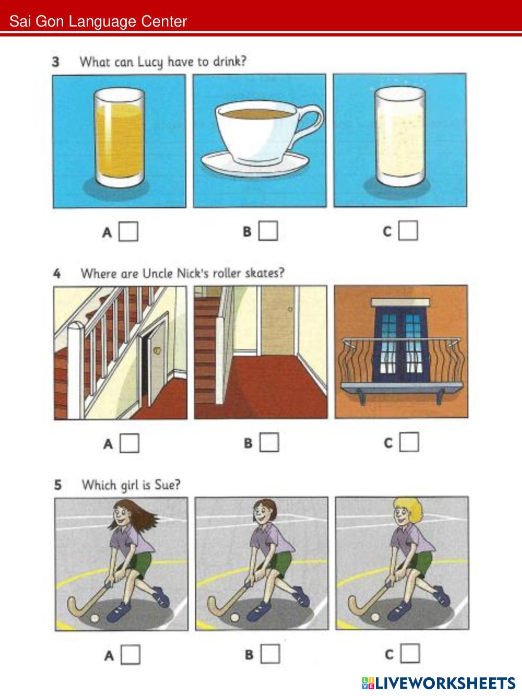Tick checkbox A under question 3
[128, 231]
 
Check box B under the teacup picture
[268, 231]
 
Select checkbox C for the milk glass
[408, 230]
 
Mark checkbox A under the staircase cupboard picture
[129, 443]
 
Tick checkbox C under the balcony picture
[409, 442]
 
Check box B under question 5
[270, 654]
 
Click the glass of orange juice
[119, 137]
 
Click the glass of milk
[400, 136]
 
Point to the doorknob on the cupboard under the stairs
[157, 350]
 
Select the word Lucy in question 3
[150, 62]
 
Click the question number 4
[57, 273]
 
